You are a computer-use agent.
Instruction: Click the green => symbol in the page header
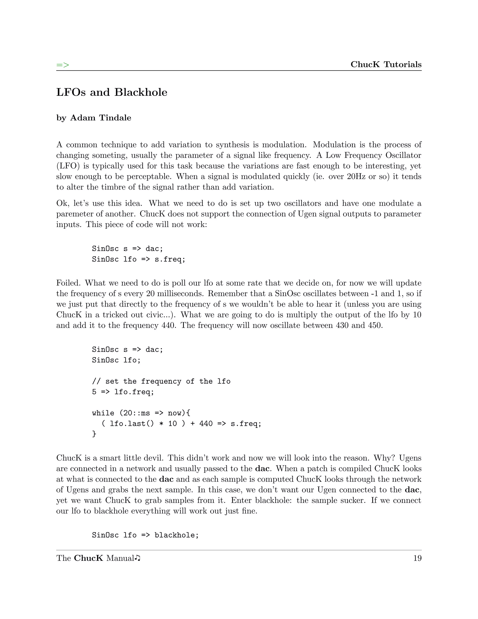[x=63, y=65]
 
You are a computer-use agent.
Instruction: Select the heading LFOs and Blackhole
[x=112, y=92]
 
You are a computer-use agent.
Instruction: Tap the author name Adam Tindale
[x=101, y=118]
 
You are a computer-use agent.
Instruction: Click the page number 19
[x=417, y=558]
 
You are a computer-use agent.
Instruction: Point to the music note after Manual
[x=138, y=558]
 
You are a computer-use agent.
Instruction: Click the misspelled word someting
[x=111, y=155]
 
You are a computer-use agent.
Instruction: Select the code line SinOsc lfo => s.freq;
[x=138, y=259]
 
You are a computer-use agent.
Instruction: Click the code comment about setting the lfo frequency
[x=161, y=381]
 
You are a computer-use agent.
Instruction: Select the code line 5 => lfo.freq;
[x=123, y=392]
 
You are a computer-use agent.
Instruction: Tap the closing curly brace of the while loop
[x=94, y=434]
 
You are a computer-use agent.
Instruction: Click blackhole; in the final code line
[x=177, y=535]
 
